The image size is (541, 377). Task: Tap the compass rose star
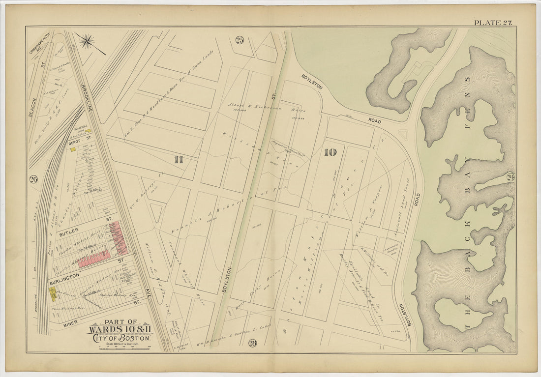click(x=88, y=41)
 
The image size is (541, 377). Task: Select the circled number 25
click(x=240, y=40)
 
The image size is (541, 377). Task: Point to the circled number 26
click(x=33, y=179)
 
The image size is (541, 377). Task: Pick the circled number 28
click(x=253, y=343)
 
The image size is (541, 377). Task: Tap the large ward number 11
click(x=178, y=159)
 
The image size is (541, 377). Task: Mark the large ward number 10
click(x=330, y=152)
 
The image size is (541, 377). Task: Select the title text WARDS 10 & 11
click(x=120, y=329)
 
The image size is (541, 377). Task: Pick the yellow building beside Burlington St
click(x=52, y=293)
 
